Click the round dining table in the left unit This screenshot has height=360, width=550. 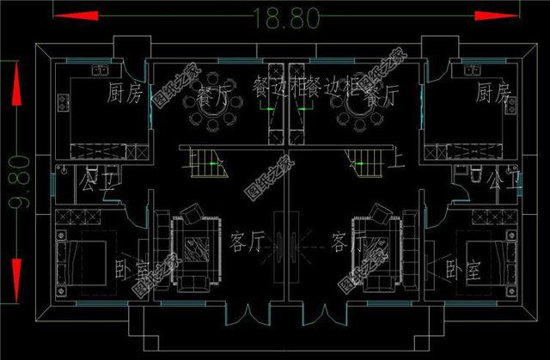tap(210, 113)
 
